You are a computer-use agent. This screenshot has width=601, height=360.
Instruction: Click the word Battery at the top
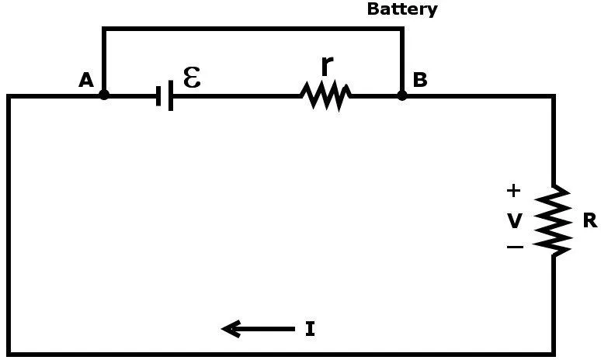click(x=401, y=9)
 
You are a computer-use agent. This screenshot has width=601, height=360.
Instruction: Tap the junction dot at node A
click(x=104, y=95)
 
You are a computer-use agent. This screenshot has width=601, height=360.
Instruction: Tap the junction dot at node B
click(x=402, y=95)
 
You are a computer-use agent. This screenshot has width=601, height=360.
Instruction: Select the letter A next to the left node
click(x=86, y=80)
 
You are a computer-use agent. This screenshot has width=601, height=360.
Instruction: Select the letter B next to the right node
click(x=420, y=80)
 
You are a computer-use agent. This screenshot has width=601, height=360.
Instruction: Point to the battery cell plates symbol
click(x=164, y=96)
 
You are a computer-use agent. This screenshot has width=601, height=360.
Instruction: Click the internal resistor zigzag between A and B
click(x=326, y=96)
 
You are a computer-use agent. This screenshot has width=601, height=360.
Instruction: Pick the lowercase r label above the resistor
click(x=327, y=67)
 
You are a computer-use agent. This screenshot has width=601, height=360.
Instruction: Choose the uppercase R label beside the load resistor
click(x=589, y=220)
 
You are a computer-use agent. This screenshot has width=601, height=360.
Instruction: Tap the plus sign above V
click(x=514, y=190)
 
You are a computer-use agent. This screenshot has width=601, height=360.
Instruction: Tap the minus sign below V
click(x=514, y=247)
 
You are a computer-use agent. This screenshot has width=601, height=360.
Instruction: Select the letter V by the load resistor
click(x=515, y=221)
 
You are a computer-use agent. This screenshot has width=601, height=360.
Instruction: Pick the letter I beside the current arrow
click(x=310, y=330)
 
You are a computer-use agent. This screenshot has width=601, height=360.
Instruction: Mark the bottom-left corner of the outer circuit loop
click(x=9, y=354)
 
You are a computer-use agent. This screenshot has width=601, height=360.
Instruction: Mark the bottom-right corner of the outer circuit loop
click(x=554, y=354)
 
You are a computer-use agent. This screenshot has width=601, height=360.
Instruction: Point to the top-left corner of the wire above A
click(x=104, y=29)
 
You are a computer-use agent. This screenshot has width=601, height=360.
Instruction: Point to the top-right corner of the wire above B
click(x=402, y=29)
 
